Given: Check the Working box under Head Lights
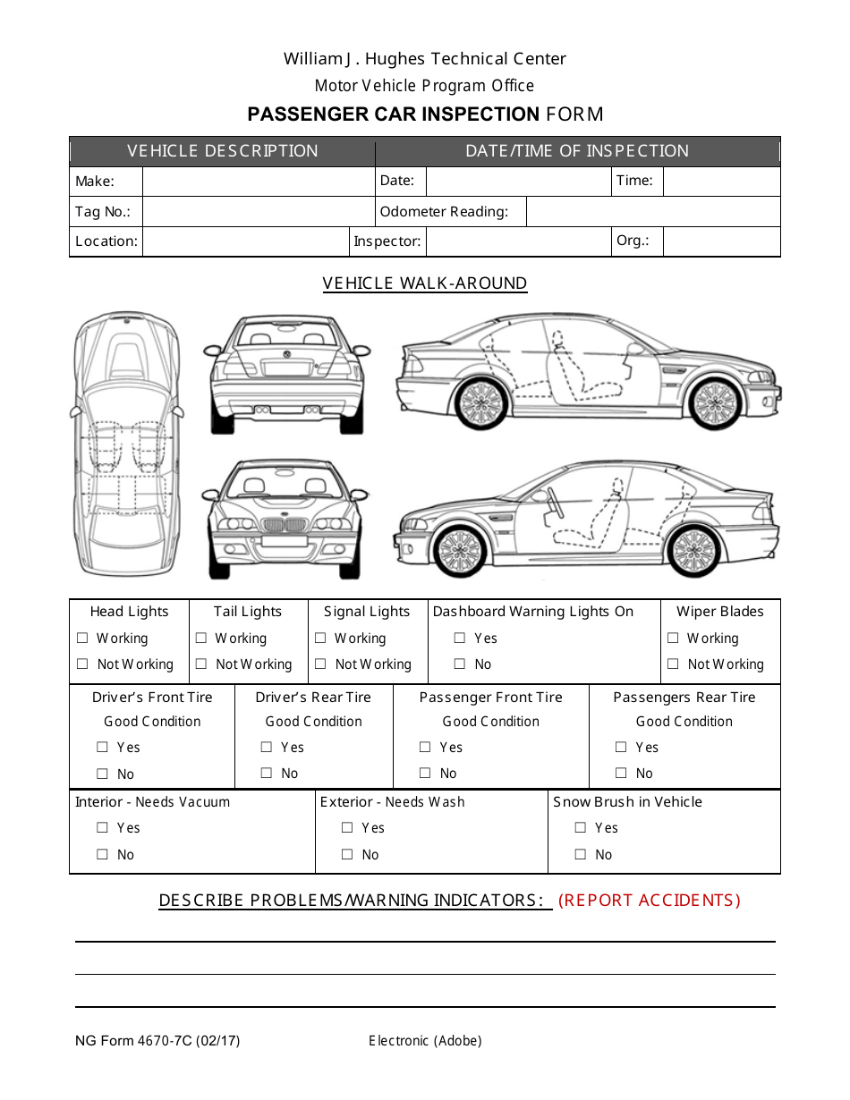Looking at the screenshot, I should click(82, 638).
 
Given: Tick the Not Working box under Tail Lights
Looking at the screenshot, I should click(201, 664).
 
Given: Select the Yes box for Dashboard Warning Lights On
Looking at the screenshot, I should click(459, 638).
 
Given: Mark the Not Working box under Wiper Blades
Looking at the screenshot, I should click(673, 664).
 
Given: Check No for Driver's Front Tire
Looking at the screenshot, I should click(102, 774).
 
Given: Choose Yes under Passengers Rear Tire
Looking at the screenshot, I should click(621, 747).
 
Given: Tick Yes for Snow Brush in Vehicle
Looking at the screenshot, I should click(581, 827).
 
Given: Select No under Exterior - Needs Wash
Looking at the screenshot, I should click(347, 854).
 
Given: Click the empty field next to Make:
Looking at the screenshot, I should click(258, 182).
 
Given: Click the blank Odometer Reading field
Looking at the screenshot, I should click(652, 212).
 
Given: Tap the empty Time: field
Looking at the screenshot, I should click(720, 182).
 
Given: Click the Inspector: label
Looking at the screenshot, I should click(387, 241).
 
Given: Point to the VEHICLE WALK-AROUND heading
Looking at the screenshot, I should click(425, 283).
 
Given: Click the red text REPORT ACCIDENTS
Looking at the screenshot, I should click(650, 901).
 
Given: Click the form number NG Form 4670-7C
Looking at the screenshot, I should click(157, 1040).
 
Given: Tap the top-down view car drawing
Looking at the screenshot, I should click(125, 443).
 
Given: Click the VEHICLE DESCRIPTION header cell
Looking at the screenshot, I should click(222, 151).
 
